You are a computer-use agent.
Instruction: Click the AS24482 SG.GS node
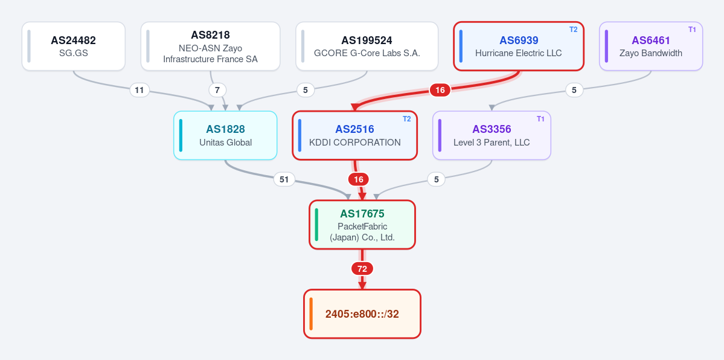74,47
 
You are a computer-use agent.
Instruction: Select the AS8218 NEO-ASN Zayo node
210,47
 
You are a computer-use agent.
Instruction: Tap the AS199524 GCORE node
367,47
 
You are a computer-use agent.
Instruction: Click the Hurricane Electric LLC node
519,47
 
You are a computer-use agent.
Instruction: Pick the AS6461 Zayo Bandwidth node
650,47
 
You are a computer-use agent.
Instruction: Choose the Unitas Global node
225,135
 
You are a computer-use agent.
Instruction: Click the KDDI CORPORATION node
354,135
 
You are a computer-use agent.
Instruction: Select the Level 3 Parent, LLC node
492,135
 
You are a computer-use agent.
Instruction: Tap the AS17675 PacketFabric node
362,225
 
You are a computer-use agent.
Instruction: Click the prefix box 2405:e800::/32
362,313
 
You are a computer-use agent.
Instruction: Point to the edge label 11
139,90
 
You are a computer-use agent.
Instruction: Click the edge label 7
217,90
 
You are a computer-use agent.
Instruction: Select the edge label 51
284,179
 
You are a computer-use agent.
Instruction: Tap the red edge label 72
362,269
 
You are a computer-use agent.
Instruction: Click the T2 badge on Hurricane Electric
573,30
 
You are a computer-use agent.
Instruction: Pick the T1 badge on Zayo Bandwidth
692,30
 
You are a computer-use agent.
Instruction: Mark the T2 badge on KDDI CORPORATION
406,119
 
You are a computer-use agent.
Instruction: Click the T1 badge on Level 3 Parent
540,119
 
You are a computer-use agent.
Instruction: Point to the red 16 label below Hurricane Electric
440,90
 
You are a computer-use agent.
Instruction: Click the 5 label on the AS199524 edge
305,90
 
